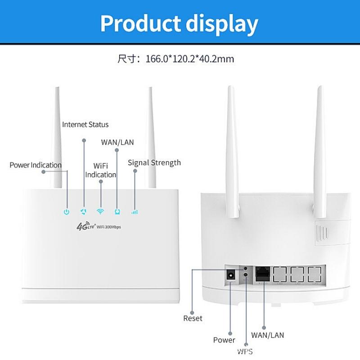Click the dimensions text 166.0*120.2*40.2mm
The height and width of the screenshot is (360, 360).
click(189, 59)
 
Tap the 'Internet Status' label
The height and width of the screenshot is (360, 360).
click(85, 124)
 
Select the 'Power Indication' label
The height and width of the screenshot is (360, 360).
click(36, 165)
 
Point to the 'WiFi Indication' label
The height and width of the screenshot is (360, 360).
click(100, 171)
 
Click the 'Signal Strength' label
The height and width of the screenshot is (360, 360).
click(154, 162)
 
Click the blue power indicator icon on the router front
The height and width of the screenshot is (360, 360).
click(67, 211)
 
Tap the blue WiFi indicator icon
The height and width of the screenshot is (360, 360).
click(100, 211)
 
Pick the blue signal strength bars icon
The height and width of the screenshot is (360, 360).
click(134, 211)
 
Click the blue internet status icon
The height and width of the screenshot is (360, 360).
click(83, 211)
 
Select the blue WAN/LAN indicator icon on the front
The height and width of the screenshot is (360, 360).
click(117, 211)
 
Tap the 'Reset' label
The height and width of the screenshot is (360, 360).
click(193, 318)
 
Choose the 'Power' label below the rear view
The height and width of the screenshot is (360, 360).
click(224, 340)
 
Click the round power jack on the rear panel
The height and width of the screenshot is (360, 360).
click(231, 275)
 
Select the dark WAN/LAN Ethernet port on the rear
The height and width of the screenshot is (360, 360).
click(262, 274)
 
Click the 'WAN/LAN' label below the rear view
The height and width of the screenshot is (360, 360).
click(267, 335)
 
